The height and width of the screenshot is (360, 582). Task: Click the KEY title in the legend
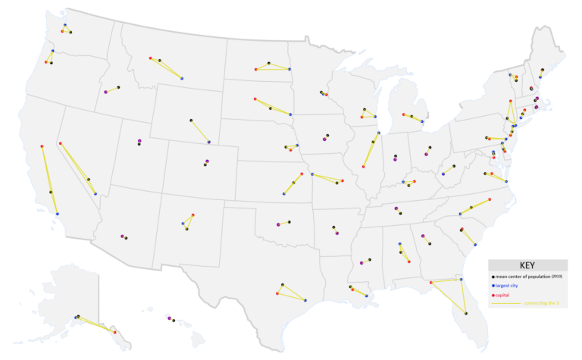click(527, 266)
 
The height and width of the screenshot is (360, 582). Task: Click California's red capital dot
click(42, 146)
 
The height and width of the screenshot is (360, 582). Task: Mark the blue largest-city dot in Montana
click(182, 78)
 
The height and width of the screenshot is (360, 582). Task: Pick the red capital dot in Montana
click(151, 58)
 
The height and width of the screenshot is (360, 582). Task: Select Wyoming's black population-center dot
click(191, 120)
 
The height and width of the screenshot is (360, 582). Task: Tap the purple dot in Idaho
click(105, 92)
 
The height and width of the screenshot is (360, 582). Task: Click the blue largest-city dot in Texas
click(305, 301)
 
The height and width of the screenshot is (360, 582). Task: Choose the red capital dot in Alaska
click(114, 332)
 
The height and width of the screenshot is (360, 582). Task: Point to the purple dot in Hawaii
click(169, 318)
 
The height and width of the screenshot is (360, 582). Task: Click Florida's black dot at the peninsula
click(465, 313)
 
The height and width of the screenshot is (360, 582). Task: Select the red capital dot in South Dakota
click(255, 99)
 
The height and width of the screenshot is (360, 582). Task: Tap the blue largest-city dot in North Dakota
click(290, 70)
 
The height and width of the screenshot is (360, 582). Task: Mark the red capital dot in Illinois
click(363, 167)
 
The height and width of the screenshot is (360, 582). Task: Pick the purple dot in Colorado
click(207, 161)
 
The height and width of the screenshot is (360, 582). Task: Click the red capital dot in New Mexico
click(192, 215)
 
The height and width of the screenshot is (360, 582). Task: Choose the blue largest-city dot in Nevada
click(95, 193)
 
